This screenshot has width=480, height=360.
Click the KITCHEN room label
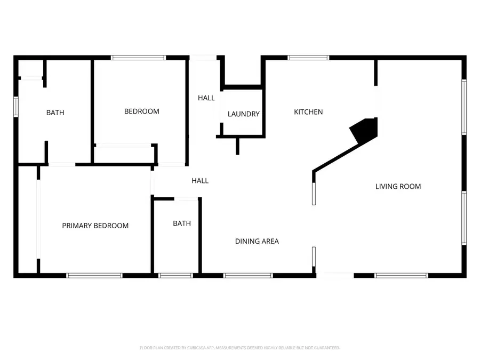[308, 112]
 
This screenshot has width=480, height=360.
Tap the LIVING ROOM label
[398, 186]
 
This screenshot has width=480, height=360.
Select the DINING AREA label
[257, 241]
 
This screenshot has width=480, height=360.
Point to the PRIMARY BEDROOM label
[95, 226]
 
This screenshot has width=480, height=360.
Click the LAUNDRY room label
[243, 114]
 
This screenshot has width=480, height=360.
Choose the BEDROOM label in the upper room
[141, 111]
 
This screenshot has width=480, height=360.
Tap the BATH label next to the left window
[55, 113]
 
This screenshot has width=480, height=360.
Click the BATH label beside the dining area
[181, 223]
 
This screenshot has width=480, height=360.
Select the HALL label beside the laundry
[206, 98]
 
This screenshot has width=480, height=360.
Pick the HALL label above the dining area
[200, 181]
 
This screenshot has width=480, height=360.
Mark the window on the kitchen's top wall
[308, 58]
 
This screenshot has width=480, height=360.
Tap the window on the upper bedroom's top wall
[139, 58]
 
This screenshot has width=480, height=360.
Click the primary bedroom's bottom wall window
[94, 275]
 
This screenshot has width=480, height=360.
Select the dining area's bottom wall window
[248, 275]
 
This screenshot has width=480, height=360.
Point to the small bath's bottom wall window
[175, 275]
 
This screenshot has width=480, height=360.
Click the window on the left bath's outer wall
[16, 106]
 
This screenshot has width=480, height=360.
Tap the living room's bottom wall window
[401, 275]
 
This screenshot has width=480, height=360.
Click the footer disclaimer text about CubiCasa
[239, 348]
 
